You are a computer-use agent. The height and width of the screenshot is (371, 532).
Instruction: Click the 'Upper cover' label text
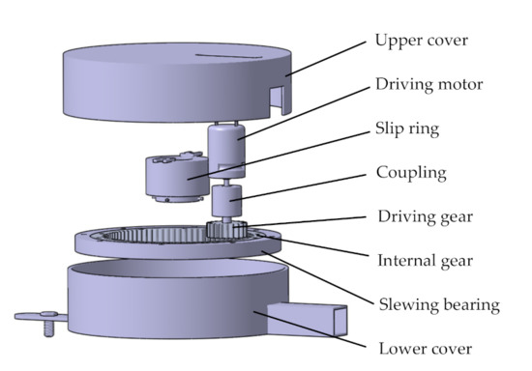coord(422,41)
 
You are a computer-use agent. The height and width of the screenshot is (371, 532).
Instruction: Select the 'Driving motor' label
coord(429,84)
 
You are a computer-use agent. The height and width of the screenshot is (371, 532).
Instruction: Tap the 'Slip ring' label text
coord(407,128)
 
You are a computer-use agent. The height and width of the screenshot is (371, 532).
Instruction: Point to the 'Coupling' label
coord(411,173)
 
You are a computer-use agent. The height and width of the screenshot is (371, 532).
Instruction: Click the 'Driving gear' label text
coord(426,216)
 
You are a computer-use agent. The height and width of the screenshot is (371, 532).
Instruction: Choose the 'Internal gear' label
coord(426,261)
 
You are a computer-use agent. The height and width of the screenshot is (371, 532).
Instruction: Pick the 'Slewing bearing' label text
coord(439,305)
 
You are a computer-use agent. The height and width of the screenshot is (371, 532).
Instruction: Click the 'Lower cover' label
coord(426,349)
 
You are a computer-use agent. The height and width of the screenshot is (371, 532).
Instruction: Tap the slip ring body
coord(176,177)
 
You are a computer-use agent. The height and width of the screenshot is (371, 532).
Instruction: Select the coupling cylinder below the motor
coord(226,201)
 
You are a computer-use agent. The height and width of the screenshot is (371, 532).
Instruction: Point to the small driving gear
coord(226,229)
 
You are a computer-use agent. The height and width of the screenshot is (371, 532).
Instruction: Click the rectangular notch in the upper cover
coord(277,100)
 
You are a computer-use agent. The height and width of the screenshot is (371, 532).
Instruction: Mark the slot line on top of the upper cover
coord(228,56)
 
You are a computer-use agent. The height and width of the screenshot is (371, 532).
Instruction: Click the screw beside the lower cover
coord(49,323)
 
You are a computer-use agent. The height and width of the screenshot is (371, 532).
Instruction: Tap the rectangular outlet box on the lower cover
coord(307,320)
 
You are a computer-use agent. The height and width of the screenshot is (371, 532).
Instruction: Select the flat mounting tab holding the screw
coord(41,317)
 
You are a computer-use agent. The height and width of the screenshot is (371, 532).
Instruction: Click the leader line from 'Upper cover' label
coord(326,59)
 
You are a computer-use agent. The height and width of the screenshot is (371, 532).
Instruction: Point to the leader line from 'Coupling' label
coord(298,188)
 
